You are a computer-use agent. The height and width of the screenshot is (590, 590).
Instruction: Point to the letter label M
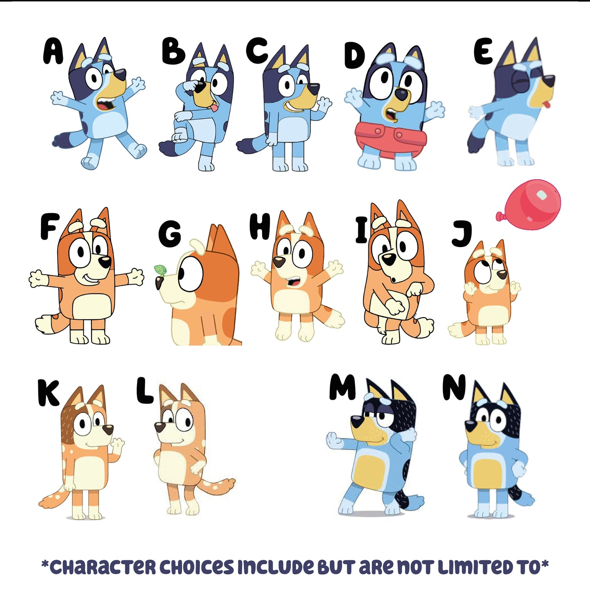342,387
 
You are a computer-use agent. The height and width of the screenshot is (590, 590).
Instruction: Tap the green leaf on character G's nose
160,270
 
